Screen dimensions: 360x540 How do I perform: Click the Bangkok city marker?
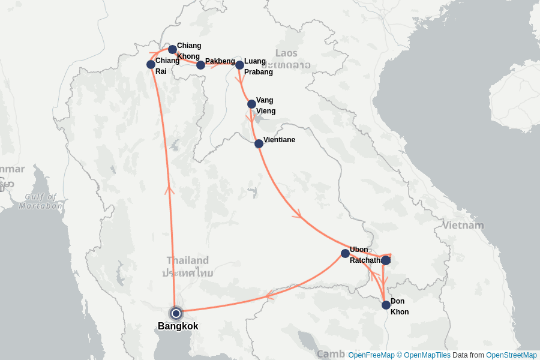tap(176, 313)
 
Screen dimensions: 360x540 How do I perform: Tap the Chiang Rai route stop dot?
tap(151, 64)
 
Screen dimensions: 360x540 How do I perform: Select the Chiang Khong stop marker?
tap(172, 49)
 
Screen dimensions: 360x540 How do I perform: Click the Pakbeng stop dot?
tap(200, 65)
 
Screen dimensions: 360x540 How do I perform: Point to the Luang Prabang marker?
tap(239, 65)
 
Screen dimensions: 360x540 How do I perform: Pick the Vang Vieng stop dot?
tap(251, 104)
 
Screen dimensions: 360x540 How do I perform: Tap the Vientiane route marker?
tap(259, 143)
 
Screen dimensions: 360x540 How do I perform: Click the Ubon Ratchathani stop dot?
tap(345, 253)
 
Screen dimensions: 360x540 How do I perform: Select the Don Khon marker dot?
tap(386, 305)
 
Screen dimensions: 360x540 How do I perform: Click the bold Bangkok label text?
tap(178, 326)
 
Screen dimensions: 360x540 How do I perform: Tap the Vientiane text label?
tap(279, 140)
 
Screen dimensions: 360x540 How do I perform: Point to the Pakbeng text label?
tap(220, 61)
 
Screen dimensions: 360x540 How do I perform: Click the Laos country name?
tap(286, 53)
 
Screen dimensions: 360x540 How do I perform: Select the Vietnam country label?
tap(463, 226)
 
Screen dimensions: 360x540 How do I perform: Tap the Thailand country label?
tap(188, 260)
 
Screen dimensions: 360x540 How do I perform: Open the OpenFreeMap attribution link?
tap(371, 355)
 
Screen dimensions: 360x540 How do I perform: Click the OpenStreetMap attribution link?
tap(511, 355)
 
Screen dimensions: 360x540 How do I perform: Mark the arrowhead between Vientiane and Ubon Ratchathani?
tap(297, 214)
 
